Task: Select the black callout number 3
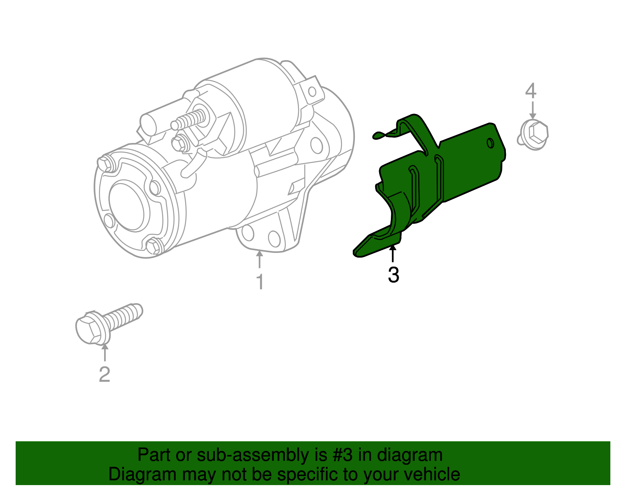pyautogui.click(x=393, y=275)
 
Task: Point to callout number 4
pyautogui.click(x=531, y=91)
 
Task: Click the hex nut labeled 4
pyautogui.click(x=534, y=135)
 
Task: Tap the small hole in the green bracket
pyautogui.click(x=490, y=143)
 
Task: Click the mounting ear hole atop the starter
pyautogui.click(x=312, y=92)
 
